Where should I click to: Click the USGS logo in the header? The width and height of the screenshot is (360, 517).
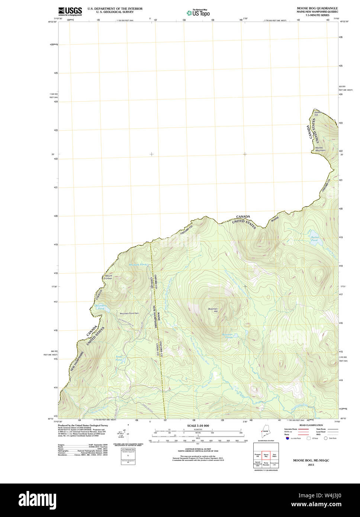coord(70,11)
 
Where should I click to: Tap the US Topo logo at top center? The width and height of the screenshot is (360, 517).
coord(198,13)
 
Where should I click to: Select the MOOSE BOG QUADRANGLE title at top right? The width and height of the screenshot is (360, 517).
coord(317,8)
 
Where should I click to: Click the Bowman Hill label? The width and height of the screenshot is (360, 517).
coord(213,309)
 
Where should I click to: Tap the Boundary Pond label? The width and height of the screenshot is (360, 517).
coord(101,307)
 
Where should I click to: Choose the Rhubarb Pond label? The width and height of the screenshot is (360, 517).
coord(138,264)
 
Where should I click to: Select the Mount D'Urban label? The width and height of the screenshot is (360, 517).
coord(108,277)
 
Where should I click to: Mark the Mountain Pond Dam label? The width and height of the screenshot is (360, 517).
coord(129,313)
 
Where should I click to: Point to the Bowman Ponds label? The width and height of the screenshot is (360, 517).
coord(227,336)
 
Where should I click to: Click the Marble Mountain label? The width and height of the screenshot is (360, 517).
coord(320,149)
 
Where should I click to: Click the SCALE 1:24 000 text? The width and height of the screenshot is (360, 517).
coord(198,426)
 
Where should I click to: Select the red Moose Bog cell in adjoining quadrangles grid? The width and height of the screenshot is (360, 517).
coord(266,455)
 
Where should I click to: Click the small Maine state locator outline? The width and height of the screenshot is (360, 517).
coord(265,433)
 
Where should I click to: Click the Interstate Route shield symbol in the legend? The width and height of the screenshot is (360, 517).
coord(287,438)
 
